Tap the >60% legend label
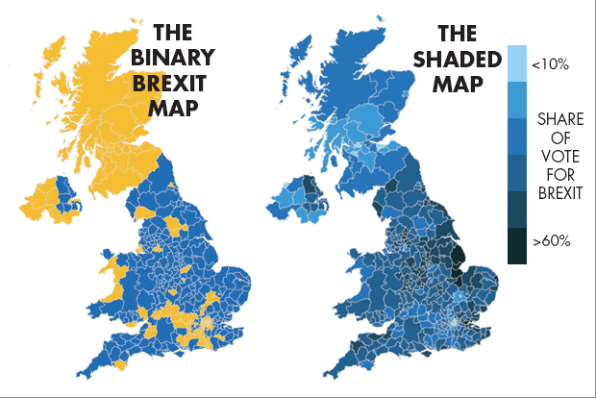coord(554,240)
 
